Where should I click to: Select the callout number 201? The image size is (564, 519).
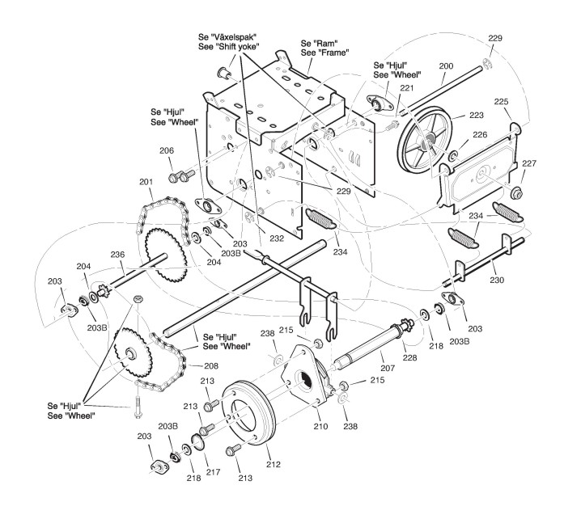[146, 181]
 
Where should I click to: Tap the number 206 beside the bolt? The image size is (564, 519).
[167, 150]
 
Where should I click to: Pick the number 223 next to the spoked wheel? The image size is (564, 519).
[477, 115]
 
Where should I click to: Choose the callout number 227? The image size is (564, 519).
[528, 163]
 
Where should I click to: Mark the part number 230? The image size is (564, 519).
[496, 280]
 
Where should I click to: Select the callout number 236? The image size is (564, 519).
[118, 254]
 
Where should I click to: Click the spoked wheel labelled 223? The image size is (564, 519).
[428, 142]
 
